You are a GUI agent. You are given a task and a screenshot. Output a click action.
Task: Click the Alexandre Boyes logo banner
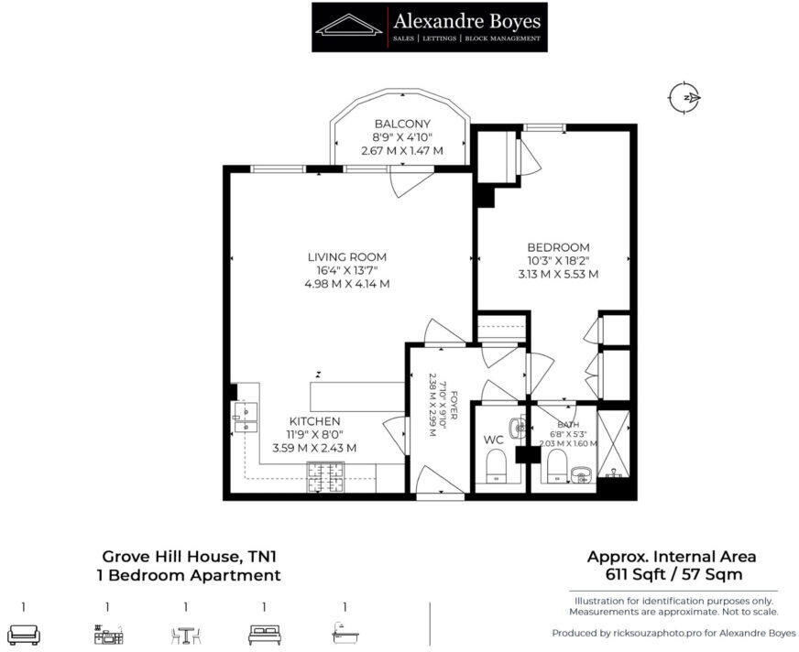click(x=429, y=27)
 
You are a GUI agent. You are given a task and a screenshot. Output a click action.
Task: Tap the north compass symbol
click(x=684, y=97)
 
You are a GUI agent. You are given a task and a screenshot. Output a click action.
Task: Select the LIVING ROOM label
click(x=347, y=256)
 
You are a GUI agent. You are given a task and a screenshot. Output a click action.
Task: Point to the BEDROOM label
click(x=557, y=247)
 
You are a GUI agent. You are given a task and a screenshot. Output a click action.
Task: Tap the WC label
click(x=494, y=440)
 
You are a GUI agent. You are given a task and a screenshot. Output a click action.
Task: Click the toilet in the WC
click(x=497, y=468)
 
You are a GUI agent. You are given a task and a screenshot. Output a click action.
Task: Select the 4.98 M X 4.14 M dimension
click(x=347, y=284)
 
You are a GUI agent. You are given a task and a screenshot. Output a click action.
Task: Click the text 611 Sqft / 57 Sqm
click(x=673, y=574)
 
